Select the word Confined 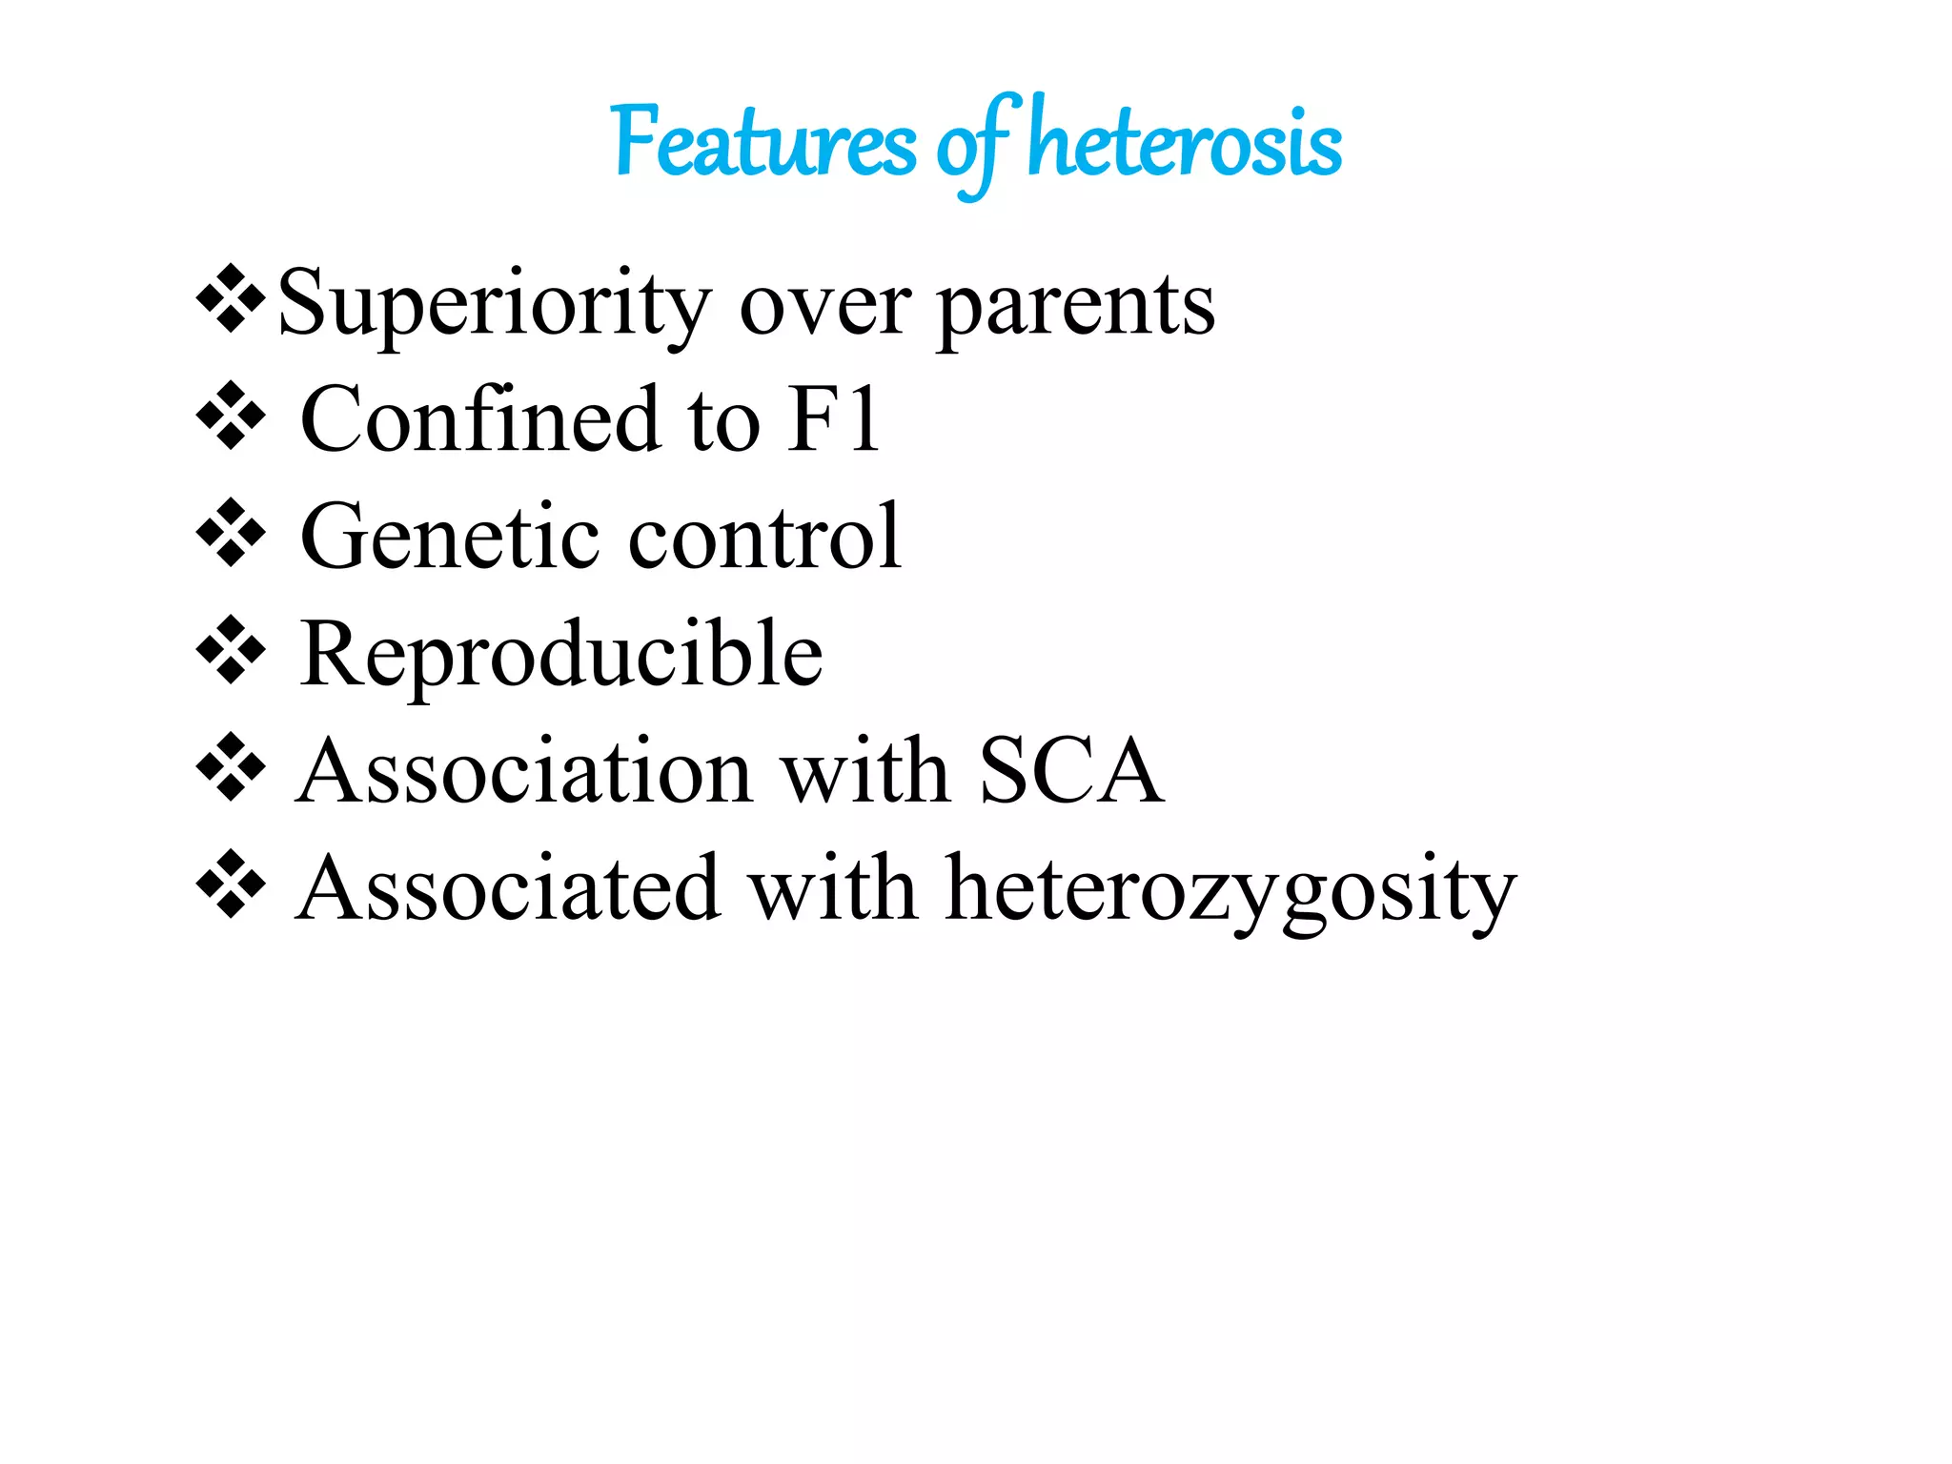pos(479,419)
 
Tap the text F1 pos(833,419)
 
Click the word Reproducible pos(561,655)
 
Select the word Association pos(526,771)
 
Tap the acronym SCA pos(1070,771)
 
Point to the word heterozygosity pos(1230,891)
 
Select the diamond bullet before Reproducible pos(231,651)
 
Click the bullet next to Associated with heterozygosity pos(231,884)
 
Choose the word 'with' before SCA pos(864,771)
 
